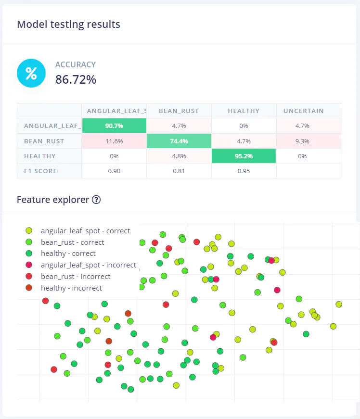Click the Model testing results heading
(68, 25)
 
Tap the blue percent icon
(31, 74)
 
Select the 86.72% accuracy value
(76, 80)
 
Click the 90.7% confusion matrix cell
(114, 126)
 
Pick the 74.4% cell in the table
(179, 141)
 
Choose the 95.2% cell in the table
(244, 156)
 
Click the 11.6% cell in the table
(114, 141)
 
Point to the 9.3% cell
(309, 141)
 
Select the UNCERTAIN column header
(303, 111)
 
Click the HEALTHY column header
(244, 111)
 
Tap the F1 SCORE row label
(41, 171)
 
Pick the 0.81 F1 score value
(179, 171)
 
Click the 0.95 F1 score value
(244, 171)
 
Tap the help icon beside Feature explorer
(96, 200)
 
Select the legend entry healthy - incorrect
(71, 288)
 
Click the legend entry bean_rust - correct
(72, 242)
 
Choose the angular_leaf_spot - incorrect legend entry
(88, 265)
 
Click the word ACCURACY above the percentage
(76, 64)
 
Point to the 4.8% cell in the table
(179, 156)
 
